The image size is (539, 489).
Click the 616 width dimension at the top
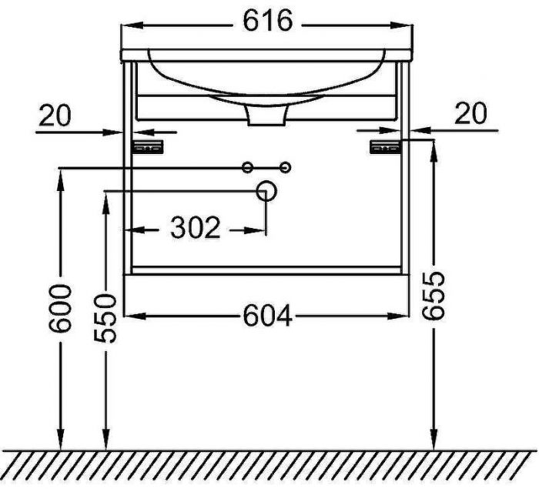[x=268, y=21]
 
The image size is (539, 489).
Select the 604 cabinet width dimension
[x=267, y=316]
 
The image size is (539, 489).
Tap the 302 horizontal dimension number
[x=195, y=228]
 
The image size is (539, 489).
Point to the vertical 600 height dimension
[x=61, y=309]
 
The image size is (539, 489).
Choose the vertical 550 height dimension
[x=105, y=318]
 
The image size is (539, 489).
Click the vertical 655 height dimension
[x=434, y=296]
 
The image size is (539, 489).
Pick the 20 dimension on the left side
[x=55, y=116]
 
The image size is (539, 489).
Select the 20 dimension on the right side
[x=470, y=113]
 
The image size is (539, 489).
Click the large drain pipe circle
[x=266, y=191]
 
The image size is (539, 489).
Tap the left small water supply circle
[x=247, y=168]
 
